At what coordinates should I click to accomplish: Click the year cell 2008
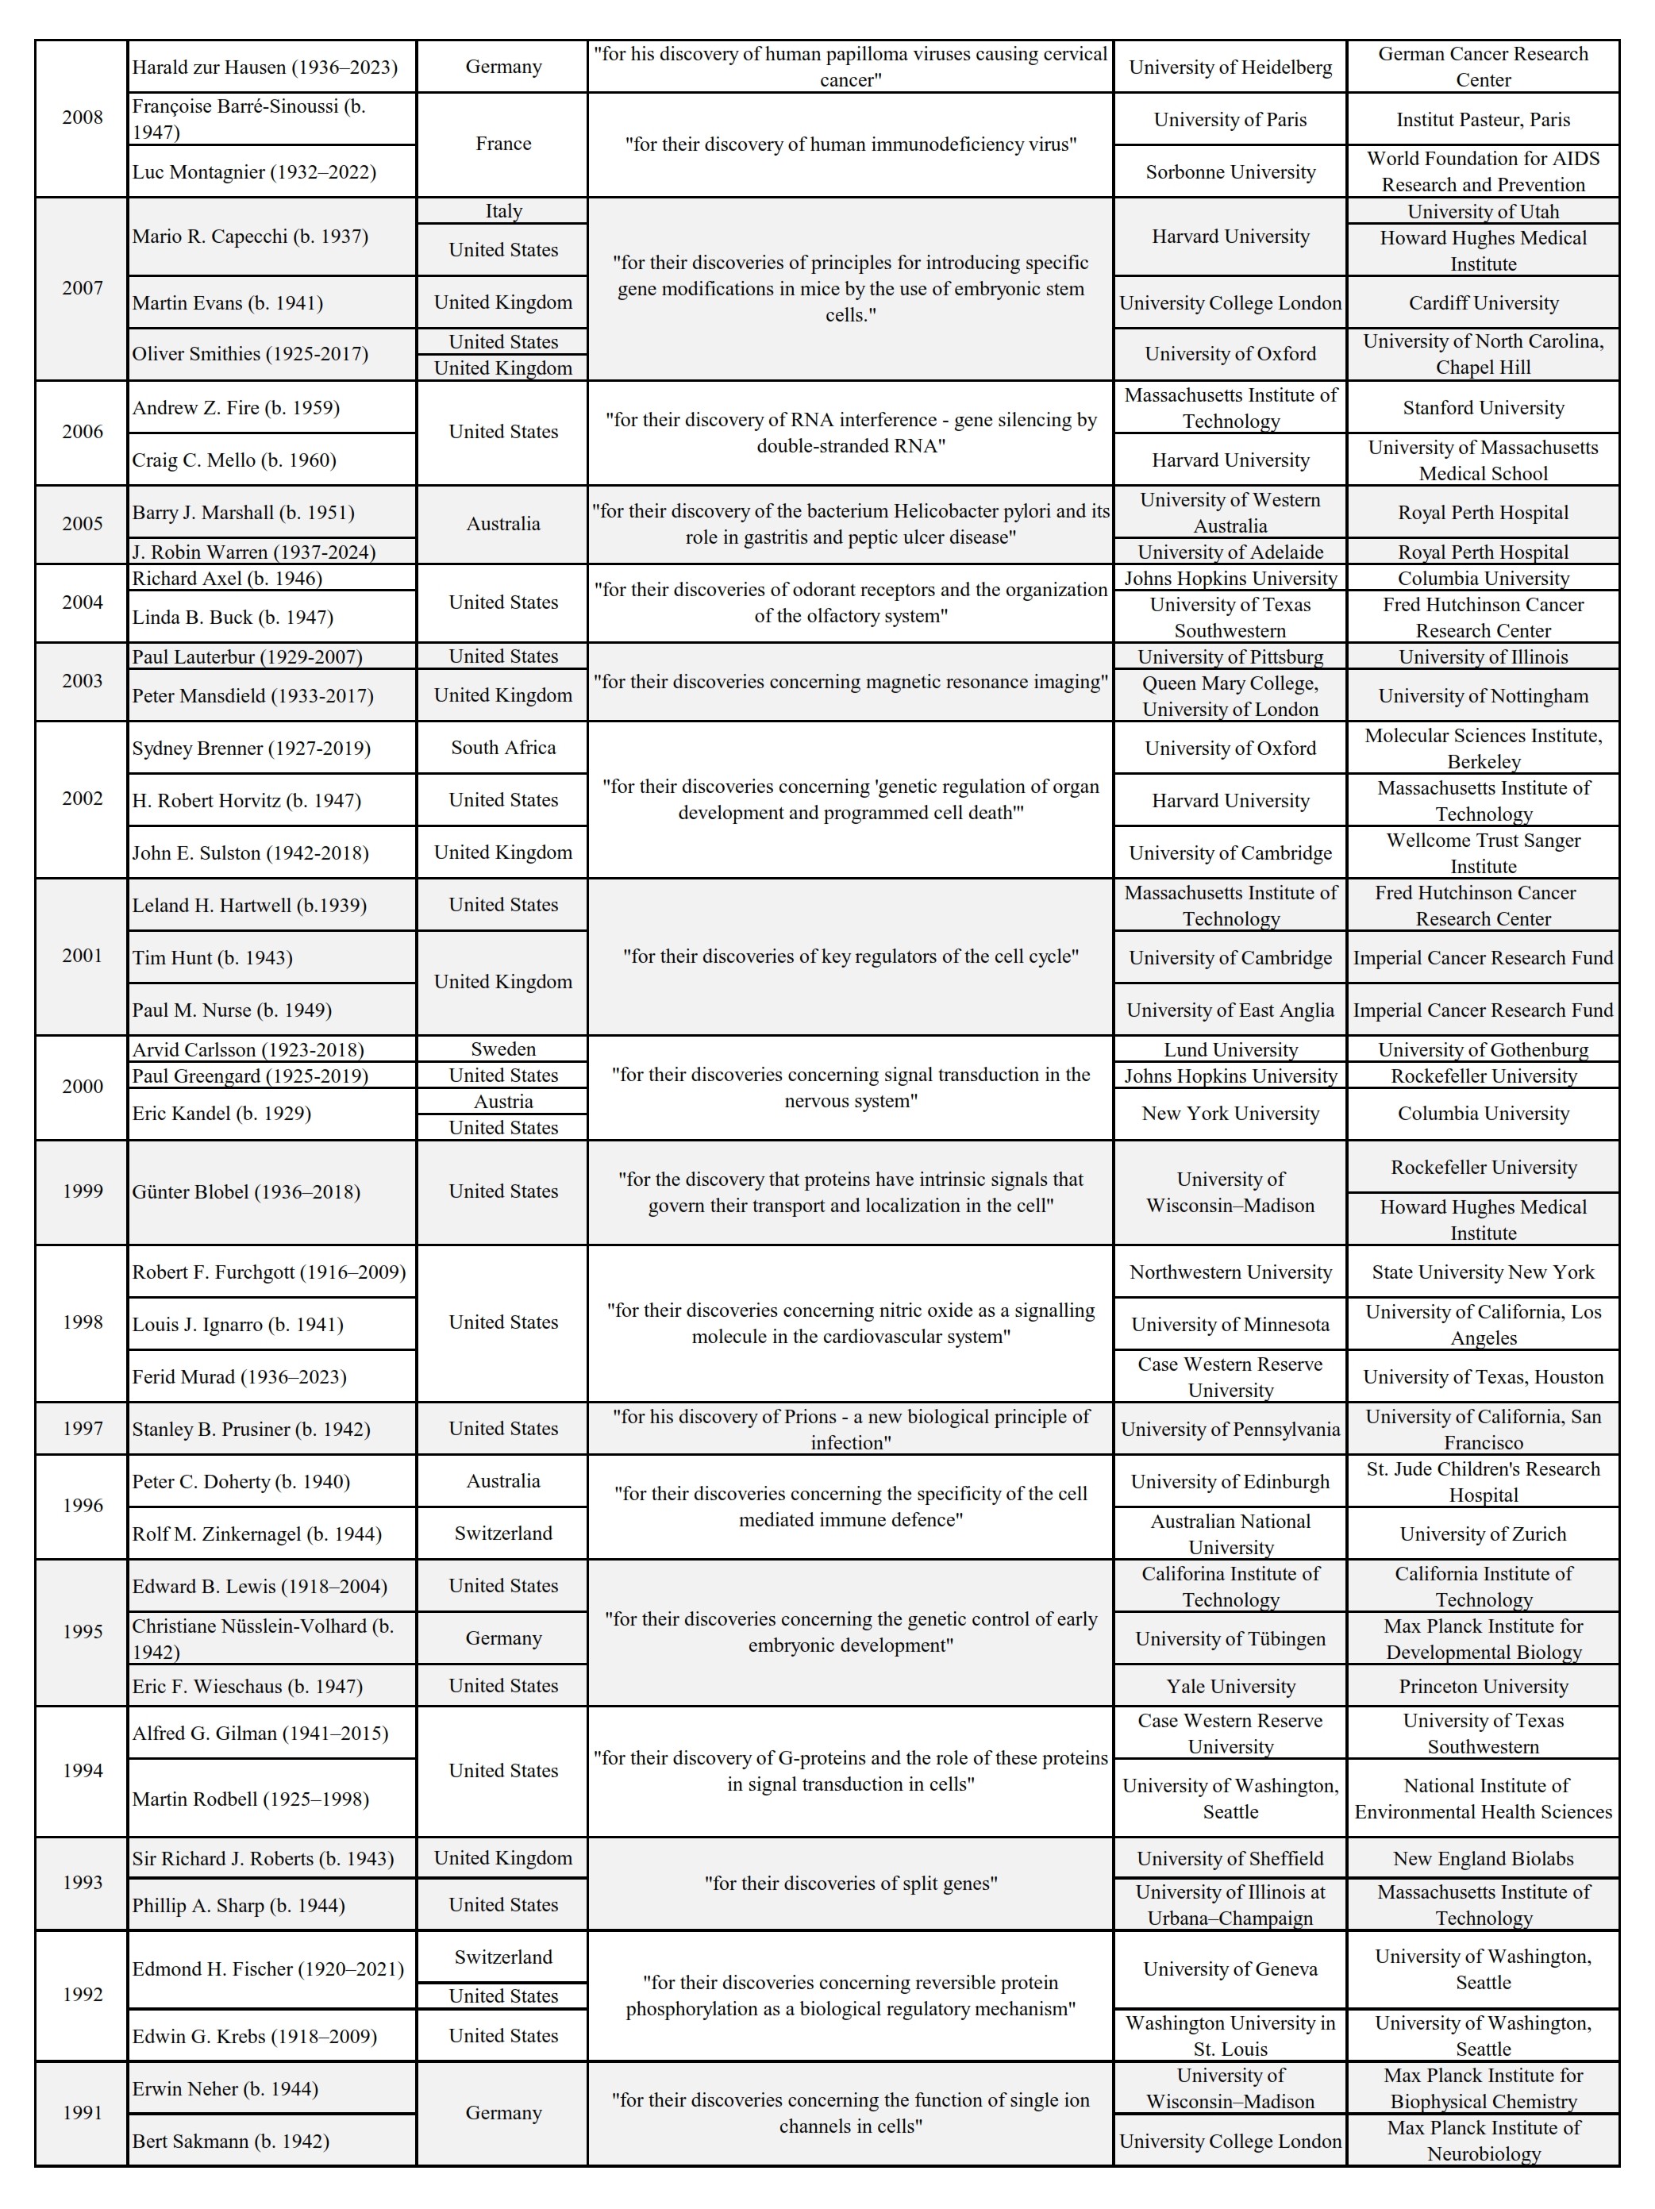(82, 117)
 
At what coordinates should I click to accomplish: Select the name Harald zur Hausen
(264, 67)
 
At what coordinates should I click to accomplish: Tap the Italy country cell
(502, 210)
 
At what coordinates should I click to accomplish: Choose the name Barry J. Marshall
(243, 512)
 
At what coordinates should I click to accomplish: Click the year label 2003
(82, 681)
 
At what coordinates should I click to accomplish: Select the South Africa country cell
(502, 747)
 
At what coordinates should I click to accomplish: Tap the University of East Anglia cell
(1230, 1010)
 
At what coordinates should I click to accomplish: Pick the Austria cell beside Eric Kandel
(502, 1102)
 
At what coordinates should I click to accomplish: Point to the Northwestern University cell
(1230, 1272)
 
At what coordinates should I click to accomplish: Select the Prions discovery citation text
(850, 1429)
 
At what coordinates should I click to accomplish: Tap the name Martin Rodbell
(250, 1799)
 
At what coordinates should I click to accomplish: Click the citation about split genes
(850, 1884)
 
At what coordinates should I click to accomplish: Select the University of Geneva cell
(1230, 1969)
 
